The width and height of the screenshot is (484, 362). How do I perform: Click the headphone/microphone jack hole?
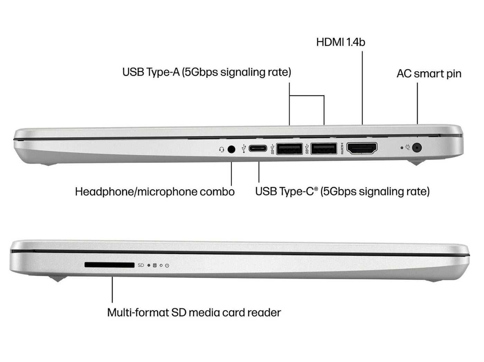click(231, 149)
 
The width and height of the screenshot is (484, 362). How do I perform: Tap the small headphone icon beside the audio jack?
click(222, 150)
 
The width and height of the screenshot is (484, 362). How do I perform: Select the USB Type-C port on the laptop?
click(258, 149)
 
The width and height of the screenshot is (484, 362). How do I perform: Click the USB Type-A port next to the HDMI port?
click(324, 149)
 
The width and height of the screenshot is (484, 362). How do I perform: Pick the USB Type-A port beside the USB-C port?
click(289, 149)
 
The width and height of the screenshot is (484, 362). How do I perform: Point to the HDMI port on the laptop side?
click(362, 149)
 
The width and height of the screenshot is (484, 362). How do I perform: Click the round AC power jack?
click(418, 148)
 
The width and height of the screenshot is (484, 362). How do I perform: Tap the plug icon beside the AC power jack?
click(408, 147)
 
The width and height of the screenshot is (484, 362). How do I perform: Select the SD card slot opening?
click(109, 265)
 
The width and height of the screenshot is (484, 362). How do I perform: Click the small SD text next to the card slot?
click(141, 265)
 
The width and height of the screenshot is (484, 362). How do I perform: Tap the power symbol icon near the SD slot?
click(167, 265)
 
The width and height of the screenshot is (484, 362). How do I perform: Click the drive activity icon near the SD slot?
click(155, 265)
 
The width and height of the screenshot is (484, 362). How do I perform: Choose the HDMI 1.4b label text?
click(341, 42)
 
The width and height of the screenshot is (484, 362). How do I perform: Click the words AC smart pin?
click(429, 74)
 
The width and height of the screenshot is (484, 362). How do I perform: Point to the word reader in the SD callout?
click(265, 313)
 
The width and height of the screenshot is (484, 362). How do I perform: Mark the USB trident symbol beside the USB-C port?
click(244, 149)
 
